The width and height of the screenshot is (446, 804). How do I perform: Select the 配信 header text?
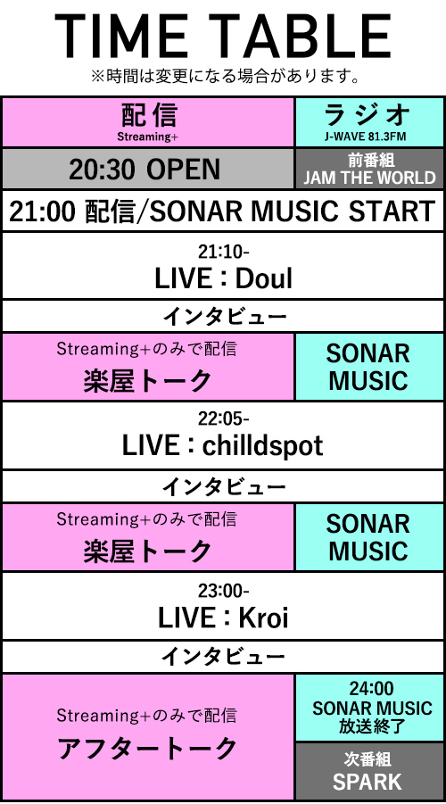tap(149, 114)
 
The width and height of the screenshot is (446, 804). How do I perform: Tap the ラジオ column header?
tap(368, 115)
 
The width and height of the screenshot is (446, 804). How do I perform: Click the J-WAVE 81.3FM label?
tap(368, 137)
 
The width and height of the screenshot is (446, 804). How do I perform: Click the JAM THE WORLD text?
tap(369, 178)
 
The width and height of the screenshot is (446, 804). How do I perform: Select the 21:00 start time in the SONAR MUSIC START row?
tap(42, 211)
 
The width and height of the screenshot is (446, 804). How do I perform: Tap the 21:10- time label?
tap(224, 252)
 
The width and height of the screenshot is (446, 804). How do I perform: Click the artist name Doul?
tap(264, 278)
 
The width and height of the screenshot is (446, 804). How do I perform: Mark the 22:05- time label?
tap(224, 419)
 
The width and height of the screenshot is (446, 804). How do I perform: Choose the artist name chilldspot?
tap(262, 446)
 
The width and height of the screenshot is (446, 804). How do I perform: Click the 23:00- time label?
tap(224, 591)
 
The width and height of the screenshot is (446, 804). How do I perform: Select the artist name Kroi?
tap(261, 618)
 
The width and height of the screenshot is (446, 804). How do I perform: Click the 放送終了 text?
tap(372, 726)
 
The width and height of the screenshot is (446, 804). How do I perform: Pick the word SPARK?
tap(367, 782)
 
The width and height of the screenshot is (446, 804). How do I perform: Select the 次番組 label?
tap(368, 758)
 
